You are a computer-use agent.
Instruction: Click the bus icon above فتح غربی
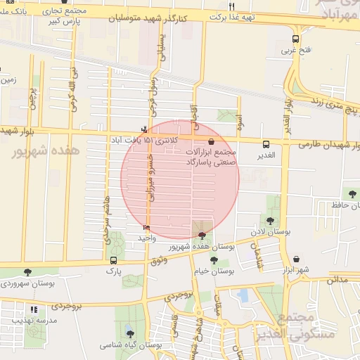click(x=295, y=39)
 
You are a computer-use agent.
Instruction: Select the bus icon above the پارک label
click(x=113, y=260)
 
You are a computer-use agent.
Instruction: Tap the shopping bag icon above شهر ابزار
click(x=295, y=259)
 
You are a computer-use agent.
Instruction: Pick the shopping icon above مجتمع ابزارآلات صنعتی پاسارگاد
click(x=212, y=141)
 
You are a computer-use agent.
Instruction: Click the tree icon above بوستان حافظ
click(x=352, y=193)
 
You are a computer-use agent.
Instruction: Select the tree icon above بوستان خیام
click(x=214, y=260)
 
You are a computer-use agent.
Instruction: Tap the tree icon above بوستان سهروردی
click(x=27, y=272)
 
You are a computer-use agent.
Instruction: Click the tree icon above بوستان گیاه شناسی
click(x=130, y=333)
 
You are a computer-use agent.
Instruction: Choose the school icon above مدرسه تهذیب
click(x=33, y=309)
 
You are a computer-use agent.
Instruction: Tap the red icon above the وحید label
click(x=146, y=228)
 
